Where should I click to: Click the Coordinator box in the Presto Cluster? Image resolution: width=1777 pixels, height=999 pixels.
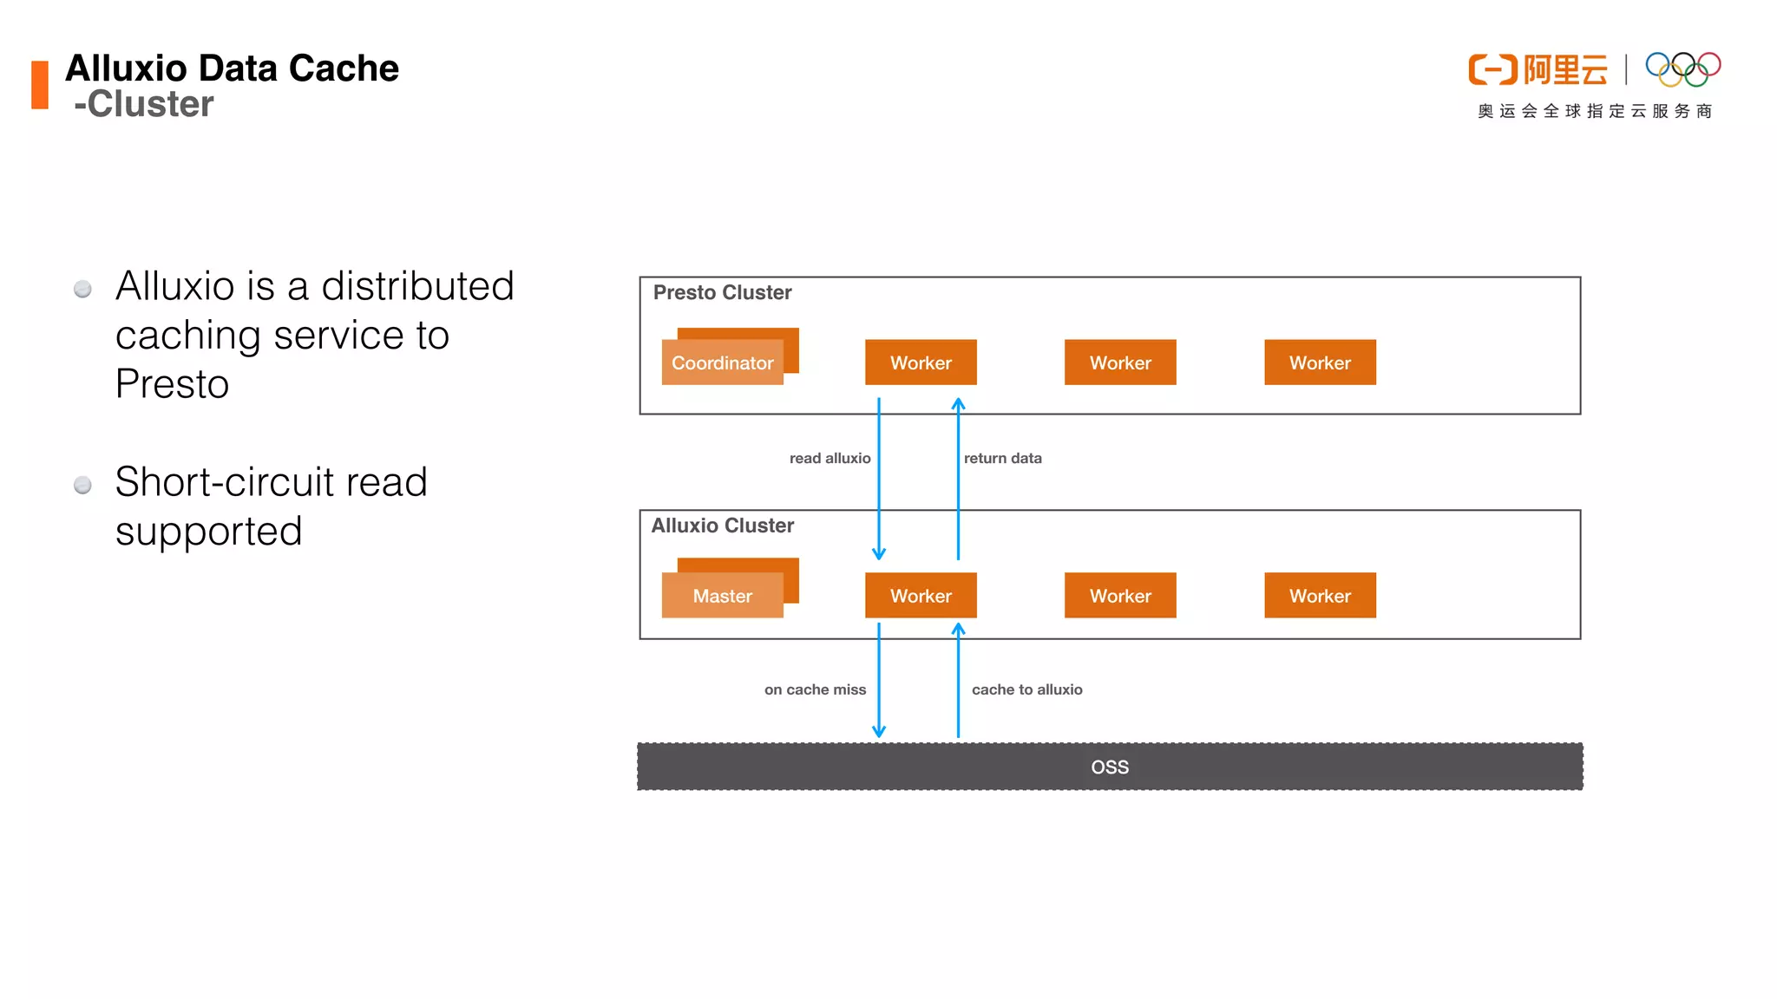click(722, 362)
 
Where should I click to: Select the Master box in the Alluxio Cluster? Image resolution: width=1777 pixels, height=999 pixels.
click(722, 596)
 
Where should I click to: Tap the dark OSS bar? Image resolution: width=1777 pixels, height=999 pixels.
click(1110, 767)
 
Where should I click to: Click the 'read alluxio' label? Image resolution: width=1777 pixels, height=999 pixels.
click(829, 458)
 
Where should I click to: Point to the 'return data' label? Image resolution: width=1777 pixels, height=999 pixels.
click(1002, 458)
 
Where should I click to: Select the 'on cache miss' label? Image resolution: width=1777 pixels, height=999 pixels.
click(815, 689)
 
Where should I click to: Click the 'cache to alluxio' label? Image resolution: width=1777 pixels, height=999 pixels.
click(1026, 689)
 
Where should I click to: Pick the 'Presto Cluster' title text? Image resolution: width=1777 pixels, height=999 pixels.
click(722, 292)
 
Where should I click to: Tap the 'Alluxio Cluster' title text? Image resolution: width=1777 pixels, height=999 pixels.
click(722, 526)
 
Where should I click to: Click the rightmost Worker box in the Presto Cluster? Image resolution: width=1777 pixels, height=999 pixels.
click(1320, 362)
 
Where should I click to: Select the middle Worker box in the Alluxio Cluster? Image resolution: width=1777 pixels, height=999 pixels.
click(1120, 596)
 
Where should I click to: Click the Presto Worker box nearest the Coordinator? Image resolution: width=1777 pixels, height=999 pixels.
click(921, 362)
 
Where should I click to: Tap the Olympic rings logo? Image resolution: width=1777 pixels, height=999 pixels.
click(1682, 69)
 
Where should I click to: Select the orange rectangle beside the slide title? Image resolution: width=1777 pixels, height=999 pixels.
click(40, 85)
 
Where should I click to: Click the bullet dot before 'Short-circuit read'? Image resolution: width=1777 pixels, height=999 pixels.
click(82, 485)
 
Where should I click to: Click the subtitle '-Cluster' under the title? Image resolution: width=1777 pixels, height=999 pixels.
click(144, 104)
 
